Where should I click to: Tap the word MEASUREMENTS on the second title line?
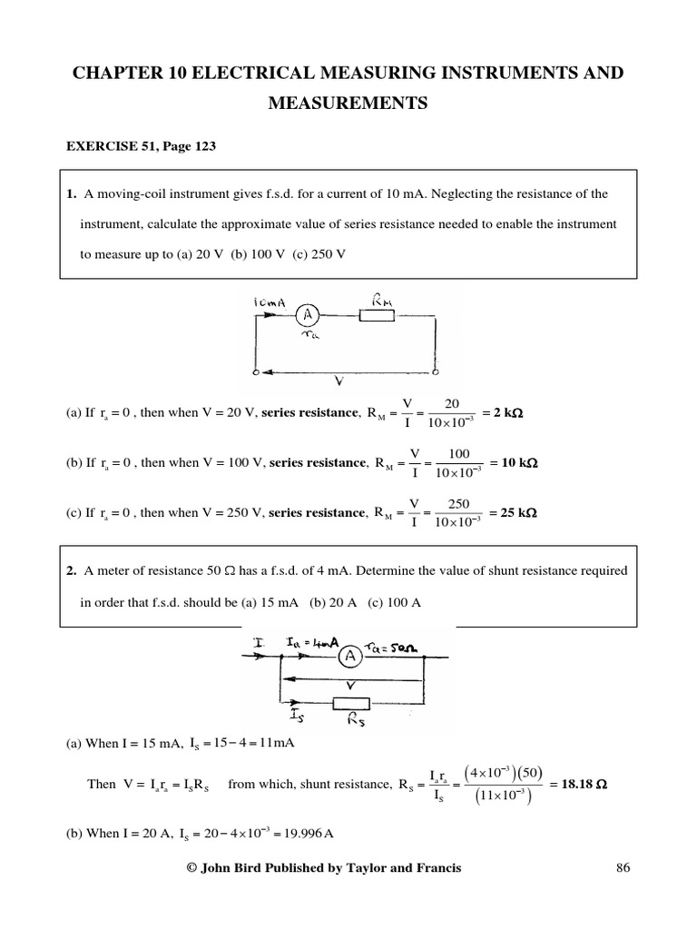click(348, 104)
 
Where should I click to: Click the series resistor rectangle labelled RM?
click(376, 316)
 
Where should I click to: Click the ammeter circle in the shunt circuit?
click(349, 662)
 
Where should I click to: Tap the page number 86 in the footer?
click(622, 868)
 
